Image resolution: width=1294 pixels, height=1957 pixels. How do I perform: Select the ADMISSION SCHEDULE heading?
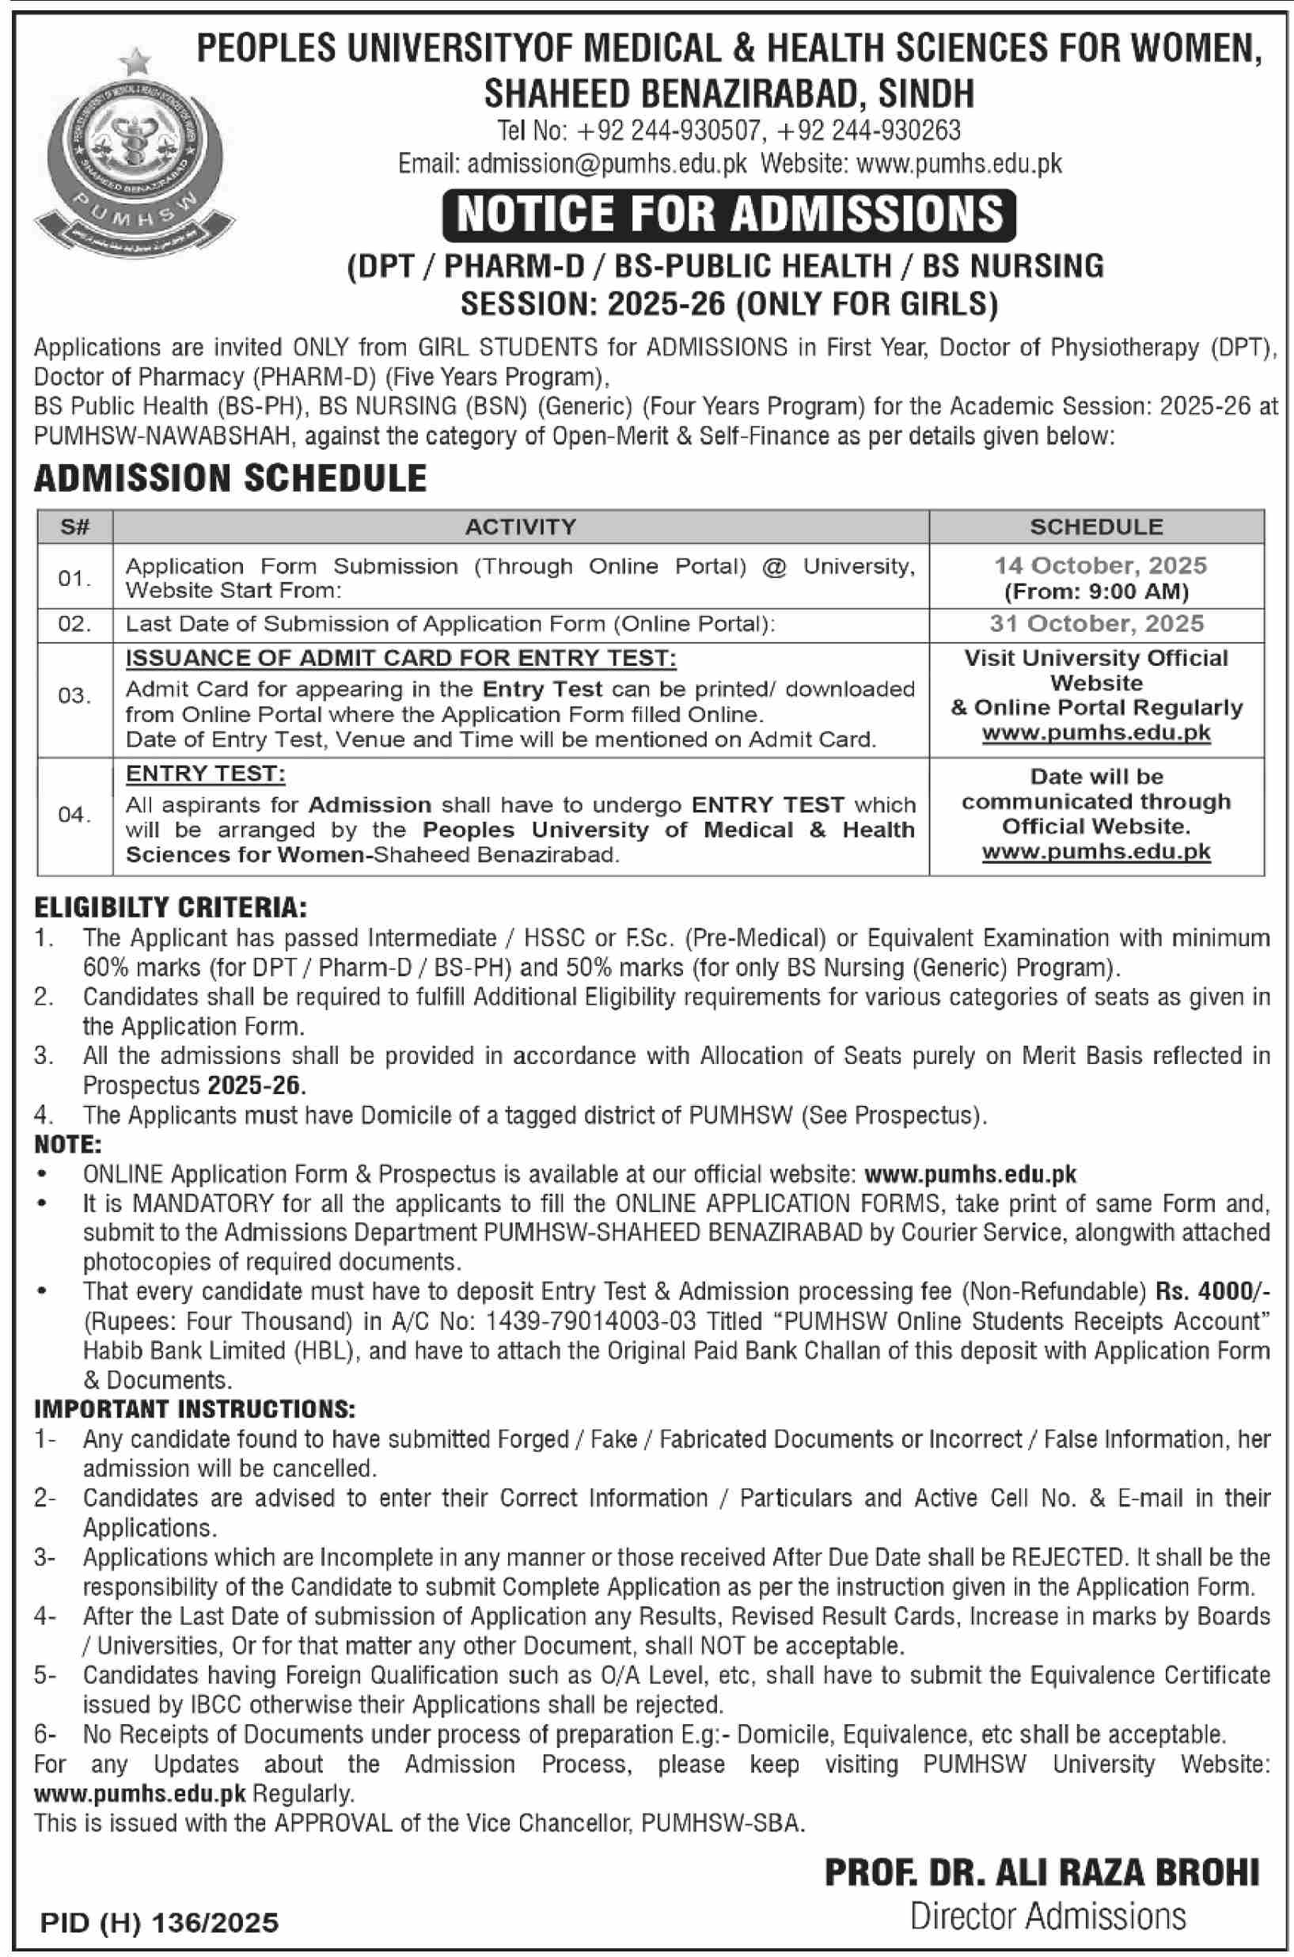pos(230,479)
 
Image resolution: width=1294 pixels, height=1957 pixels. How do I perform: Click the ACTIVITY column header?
pos(521,526)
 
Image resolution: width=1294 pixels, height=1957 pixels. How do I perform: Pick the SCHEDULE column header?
pos(1096,526)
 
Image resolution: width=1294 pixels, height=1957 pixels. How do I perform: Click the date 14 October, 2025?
pos(1100,565)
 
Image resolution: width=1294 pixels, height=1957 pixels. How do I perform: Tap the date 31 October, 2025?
pos(1097,624)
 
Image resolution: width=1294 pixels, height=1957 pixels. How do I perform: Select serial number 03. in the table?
pos(74,696)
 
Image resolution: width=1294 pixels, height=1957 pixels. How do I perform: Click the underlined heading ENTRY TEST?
pos(206,774)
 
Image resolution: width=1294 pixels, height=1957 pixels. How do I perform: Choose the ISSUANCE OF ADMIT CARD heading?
pos(400,659)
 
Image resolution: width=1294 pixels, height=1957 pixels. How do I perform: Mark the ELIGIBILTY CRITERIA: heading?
pos(170,908)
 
